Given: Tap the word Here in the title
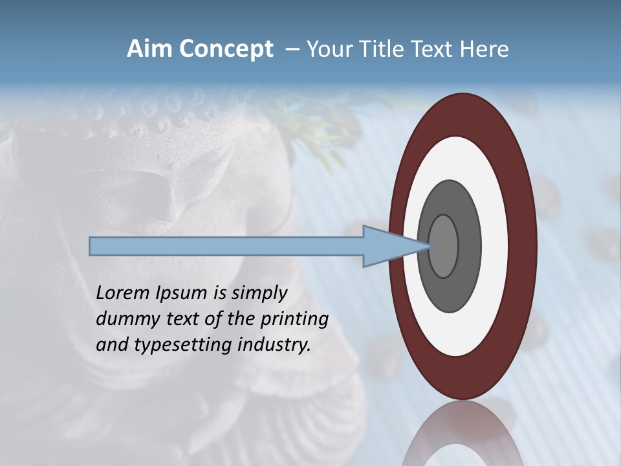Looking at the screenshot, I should click(485, 49).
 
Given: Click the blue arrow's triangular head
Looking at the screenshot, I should click(388, 246).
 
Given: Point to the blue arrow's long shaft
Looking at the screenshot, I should click(226, 246).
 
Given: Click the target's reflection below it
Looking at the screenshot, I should click(463, 434).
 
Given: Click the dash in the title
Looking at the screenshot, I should click(292, 49).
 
